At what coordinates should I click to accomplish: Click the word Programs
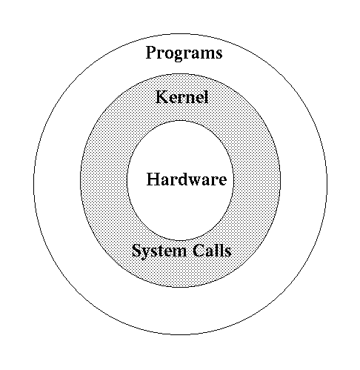click(184, 53)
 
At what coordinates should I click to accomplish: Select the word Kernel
click(182, 96)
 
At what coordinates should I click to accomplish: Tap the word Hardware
click(187, 179)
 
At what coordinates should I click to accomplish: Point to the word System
click(159, 251)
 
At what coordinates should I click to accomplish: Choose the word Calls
click(212, 250)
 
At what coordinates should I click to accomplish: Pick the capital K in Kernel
click(162, 96)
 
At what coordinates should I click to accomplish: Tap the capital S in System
click(136, 251)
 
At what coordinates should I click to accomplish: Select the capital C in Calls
click(199, 251)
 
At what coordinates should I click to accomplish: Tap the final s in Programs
click(219, 54)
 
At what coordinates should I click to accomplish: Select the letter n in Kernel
click(192, 99)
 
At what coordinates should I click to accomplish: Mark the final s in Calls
click(228, 253)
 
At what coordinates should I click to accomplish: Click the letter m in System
click(179, 253)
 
